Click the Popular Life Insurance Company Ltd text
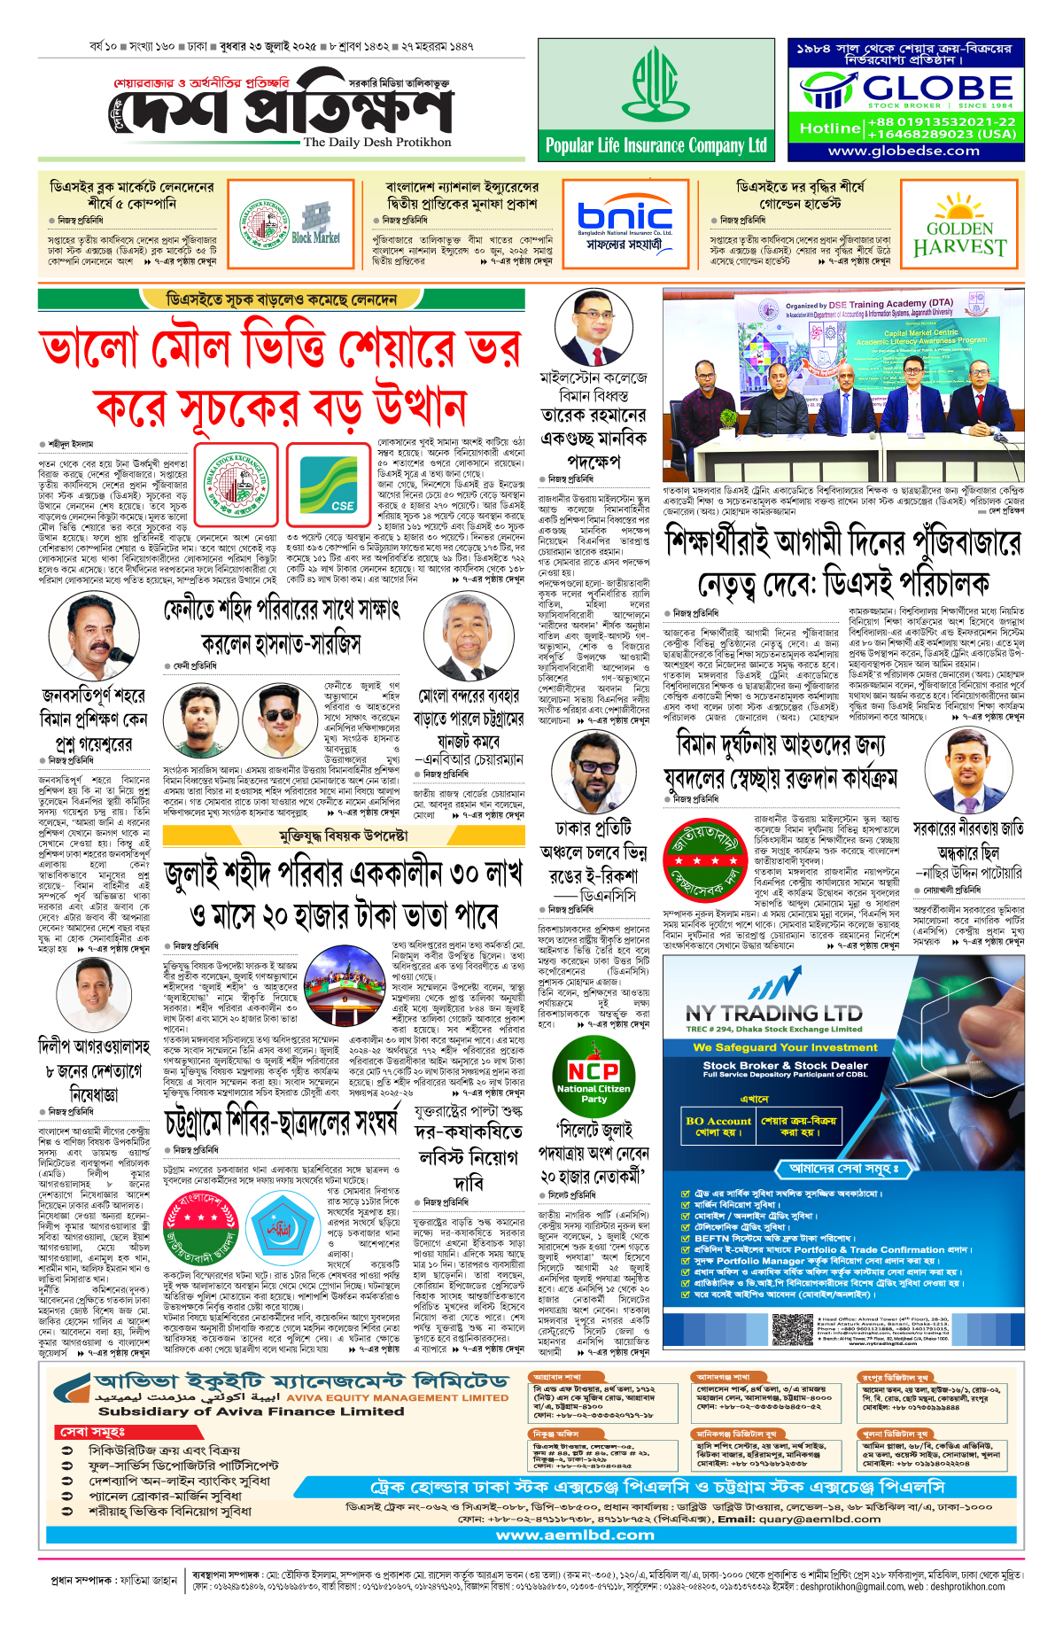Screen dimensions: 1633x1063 [x=656, y=145]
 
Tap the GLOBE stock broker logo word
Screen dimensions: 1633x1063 [x=937, y=88]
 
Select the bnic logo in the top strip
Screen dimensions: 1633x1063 [x=625, y=215]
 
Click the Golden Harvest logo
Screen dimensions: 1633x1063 [x=959, y=226]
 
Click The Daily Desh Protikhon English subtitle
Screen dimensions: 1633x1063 [x=377, y=142]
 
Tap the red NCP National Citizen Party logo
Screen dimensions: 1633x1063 [x=594, y=1079]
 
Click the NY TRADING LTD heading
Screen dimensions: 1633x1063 [x=773, y=1013]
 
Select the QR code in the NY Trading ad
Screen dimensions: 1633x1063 [x=791, y=1330]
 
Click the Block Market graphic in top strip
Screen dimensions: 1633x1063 [x=316, y=224]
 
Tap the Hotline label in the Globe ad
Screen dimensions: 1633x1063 [x=829, y=128]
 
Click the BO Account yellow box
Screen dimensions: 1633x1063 [x=717, y=1126]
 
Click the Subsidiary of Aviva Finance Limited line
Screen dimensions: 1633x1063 [x=251, y=1411]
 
